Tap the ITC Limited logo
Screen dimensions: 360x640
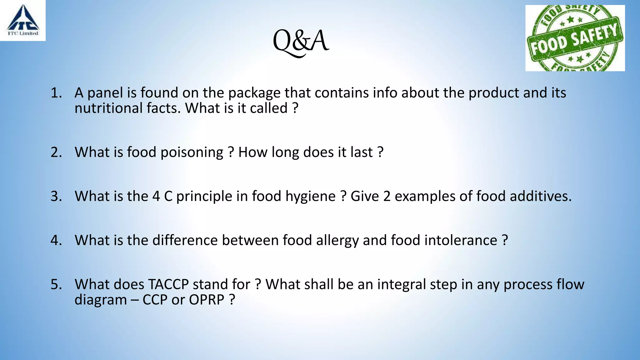(x=23, y=21)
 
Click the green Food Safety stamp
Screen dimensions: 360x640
(x=575, y=38)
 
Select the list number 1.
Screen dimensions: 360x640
(x=56, y=93)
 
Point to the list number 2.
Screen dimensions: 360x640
(x=56, y=152)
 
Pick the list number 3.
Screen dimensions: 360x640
(x=56, y=196)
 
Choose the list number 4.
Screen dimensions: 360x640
(x=56, y=240)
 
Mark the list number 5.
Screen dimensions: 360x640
(x=56, y=284)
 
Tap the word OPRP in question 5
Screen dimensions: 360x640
(x=207, y=300)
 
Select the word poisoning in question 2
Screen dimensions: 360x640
(x=192, y=153)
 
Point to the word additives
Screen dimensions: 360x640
(x=541, y=196)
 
